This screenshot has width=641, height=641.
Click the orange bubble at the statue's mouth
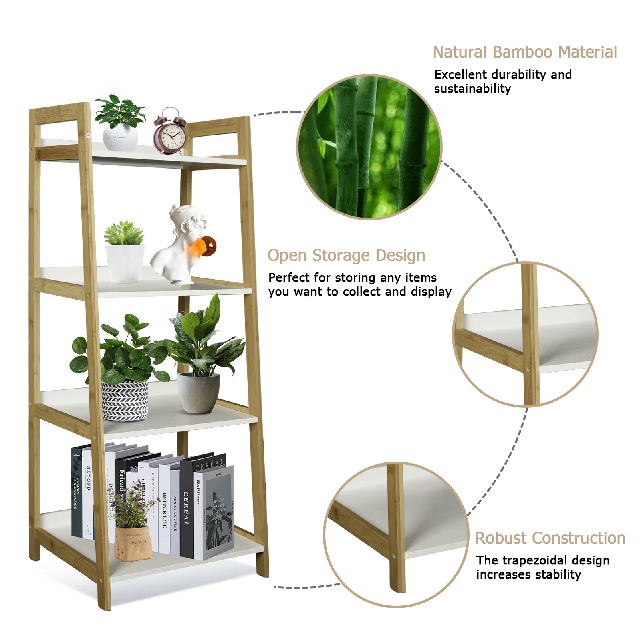click(x=206, y=245)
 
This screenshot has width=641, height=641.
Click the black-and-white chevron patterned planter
click(x=125, y=401)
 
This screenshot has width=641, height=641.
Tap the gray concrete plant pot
click(x=199, y=393)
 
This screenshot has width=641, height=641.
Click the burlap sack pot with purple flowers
click(x=133, y=543)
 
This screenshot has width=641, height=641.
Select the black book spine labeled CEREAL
click(x=186, y=509)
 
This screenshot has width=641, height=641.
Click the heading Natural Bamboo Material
click(x=524, y=52)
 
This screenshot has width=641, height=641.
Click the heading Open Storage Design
click(x=346, y=256)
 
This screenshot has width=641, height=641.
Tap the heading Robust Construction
click(x=550, y=538)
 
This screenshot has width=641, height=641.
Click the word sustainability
click(x=472, y=89)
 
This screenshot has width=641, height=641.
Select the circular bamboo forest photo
click(x=369, y=147)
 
